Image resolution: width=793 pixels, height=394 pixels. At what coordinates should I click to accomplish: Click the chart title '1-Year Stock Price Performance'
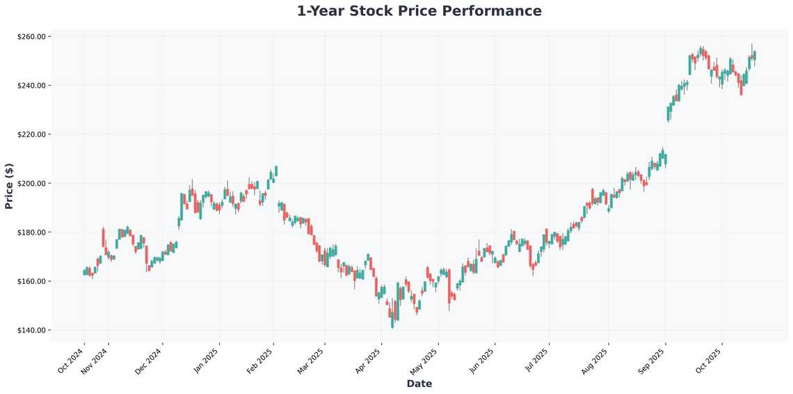(x=419, y=11)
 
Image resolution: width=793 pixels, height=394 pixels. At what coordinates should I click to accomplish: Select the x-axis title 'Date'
(x=419, y=384)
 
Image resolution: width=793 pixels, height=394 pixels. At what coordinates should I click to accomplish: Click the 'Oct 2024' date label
(x=72, y=360)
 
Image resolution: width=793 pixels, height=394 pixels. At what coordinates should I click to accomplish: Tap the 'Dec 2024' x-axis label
(x=150, y=360)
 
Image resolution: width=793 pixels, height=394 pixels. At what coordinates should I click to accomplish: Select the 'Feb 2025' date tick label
(x=260, y=360)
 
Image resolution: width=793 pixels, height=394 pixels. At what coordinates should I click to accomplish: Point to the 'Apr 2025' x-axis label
(x=368, y=360)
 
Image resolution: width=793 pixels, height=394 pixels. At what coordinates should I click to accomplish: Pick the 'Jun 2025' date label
(x=481, y=360)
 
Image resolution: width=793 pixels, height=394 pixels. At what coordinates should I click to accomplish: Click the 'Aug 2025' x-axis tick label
(x=595, y=360)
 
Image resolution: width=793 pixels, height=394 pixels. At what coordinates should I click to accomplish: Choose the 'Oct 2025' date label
(x=709, y=360)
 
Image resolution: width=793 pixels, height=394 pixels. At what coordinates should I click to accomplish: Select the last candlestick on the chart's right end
(x=755, y=55)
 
